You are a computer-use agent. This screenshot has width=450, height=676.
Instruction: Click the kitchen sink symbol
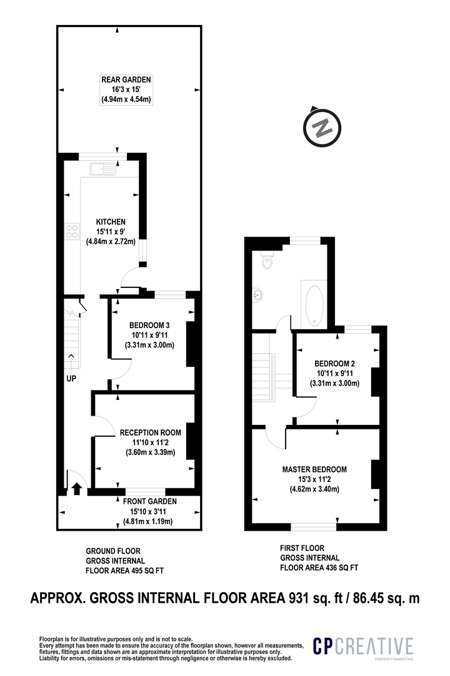click(103, 168)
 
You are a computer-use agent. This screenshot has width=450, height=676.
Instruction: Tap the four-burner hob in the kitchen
click(72, 231)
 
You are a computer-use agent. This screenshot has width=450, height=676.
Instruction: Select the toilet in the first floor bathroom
click(267, 260)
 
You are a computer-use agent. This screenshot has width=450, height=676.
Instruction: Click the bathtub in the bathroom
click(314, 305)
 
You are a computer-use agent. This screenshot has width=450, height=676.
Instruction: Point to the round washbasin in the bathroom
click(258, 295)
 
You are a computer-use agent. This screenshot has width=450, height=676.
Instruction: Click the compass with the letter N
click(322, 127)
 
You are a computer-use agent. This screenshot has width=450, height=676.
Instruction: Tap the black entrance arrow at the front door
click(77, 488)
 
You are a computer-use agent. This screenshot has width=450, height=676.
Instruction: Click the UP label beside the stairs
click(71, 379)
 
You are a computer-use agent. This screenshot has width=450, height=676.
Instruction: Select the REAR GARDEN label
click(126, 79)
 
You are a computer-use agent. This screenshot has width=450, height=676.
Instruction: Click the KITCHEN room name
click(111, 222)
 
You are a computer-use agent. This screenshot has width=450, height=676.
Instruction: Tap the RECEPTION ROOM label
click(150, 433)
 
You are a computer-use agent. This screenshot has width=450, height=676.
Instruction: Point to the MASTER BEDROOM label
click(314, 469)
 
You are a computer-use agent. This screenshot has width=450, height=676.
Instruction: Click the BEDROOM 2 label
click(334, 363)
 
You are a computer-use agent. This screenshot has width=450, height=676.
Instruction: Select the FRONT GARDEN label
click(150, 501)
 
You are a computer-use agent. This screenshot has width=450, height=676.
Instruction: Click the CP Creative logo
click(363, 647)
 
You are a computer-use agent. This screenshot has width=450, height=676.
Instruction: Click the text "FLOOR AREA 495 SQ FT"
click(125, 571)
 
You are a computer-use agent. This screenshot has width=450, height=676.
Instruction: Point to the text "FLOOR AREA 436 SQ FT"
click(319, 568)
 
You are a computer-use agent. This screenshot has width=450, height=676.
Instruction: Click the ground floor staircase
click(72, 341)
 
